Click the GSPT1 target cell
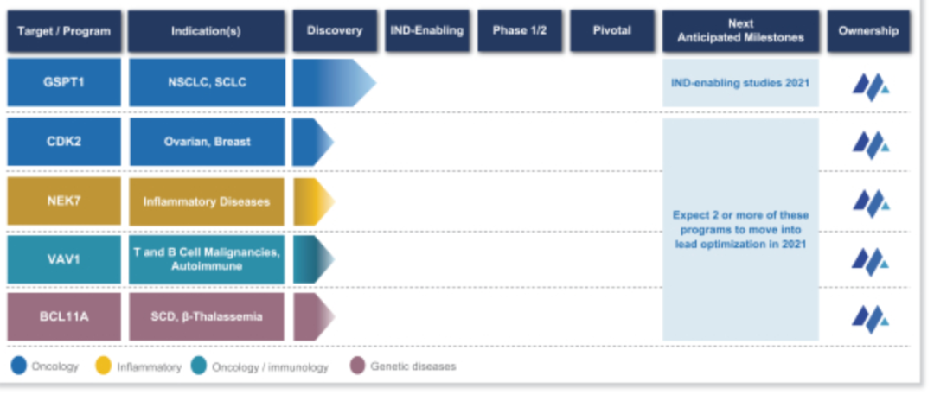[64, 82]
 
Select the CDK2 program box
[64, 142]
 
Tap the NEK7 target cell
[64, 201]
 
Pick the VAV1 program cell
[64, 259]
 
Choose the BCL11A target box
[64, 316]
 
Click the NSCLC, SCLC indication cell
[207, 82]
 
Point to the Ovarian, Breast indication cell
[207, 142]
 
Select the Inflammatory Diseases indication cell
[207, 201]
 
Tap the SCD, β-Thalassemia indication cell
[207, 316]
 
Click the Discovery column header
[335, 31]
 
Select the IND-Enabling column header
[427, 31]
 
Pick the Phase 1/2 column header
[520, 31]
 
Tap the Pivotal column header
[611, 31]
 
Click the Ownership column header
[868, 31]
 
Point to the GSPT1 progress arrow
[334, 82]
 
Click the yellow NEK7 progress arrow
[314, 201]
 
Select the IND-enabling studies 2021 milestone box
[740, 83]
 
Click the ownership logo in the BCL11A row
[870, 319]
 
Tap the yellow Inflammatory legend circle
[104, 366]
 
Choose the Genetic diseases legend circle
[357, 366]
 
